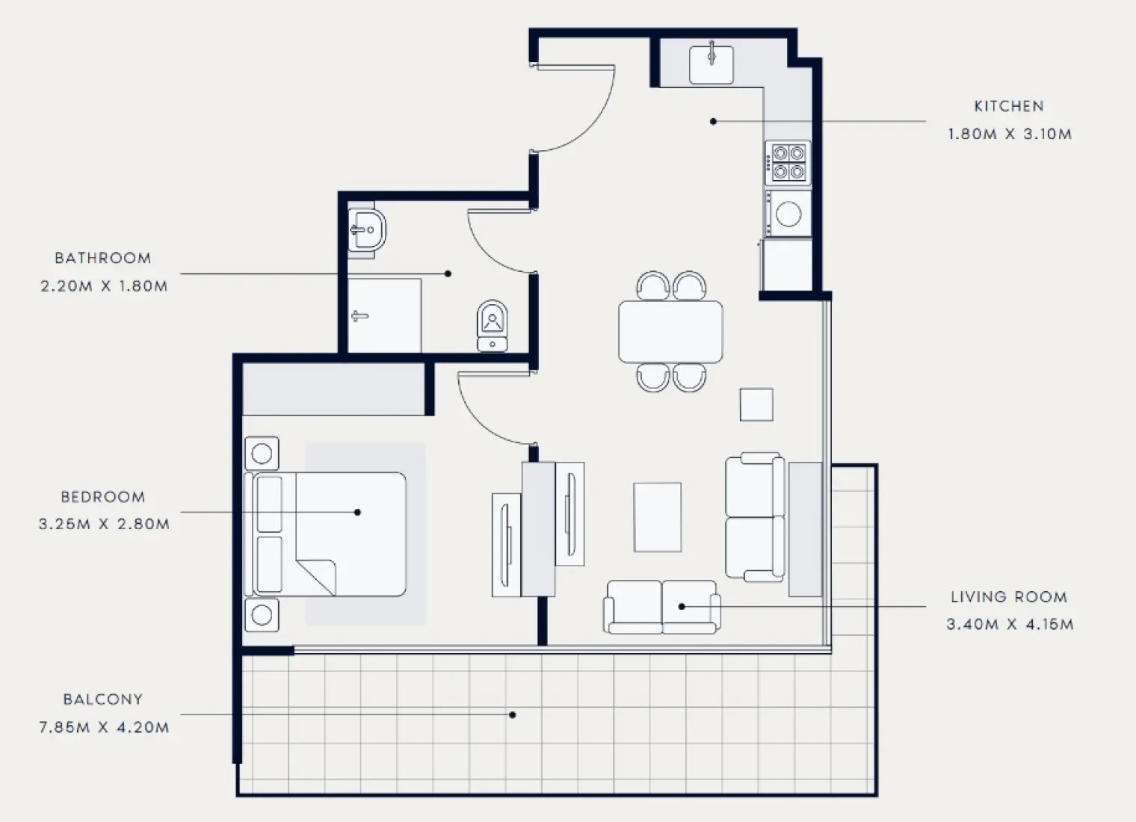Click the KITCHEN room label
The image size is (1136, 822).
click(1008, 106)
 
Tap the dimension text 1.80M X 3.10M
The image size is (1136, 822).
click(1010, 135)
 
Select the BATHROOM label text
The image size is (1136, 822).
click(103, 259)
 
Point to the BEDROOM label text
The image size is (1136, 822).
click(103, 497)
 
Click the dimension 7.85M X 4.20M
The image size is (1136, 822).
click(104, 727)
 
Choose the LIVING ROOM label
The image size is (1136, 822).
click(1009, 597)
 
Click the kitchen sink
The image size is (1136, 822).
click(711, 64)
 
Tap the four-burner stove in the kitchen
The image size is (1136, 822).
click(788, 163)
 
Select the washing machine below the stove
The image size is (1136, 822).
click(788, 214)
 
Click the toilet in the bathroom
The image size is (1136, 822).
click(492, 325)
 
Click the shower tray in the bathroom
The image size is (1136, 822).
click(384, 315)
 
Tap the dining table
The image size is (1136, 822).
click(670, 332)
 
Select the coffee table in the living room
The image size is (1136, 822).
click(657, 517)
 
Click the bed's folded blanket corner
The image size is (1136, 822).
click(318, 575)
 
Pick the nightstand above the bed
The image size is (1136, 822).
click(262, 454)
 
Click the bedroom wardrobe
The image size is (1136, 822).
click(333, 389)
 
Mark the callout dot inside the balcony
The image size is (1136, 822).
click(513, 715)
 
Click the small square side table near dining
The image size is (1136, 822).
click(756, 404)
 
